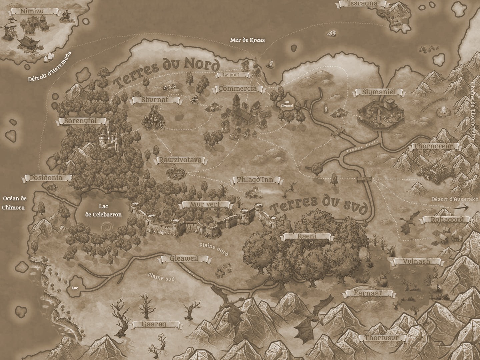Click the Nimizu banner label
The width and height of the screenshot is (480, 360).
pos(32,11)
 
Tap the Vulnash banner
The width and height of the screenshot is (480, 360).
pos(418,262)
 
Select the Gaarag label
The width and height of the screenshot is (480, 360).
pos(154,324)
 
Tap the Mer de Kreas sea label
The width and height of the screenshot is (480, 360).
pos(247,40)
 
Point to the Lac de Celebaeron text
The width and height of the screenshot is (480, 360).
pos(103,211)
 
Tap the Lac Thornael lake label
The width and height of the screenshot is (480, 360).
pos(289,104)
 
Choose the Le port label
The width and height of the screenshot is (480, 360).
pos(232,75)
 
